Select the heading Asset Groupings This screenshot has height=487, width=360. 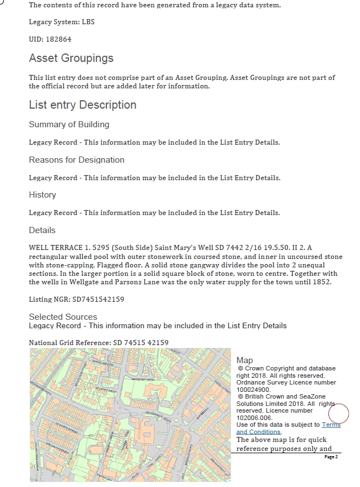point(71,59)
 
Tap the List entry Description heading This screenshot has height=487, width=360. point(82,105)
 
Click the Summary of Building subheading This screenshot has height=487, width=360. point(69,124)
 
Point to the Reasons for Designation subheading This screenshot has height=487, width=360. point(77,160)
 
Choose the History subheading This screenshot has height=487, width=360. point(42,195)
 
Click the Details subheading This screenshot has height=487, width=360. point(42,230)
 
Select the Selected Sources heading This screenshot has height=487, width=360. point(63,317)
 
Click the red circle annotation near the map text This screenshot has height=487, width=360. point(338,413)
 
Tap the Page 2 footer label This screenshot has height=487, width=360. point(331,457)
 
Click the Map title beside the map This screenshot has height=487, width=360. point(245,360)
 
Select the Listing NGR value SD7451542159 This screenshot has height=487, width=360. point(98,300)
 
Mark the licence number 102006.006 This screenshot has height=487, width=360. point(254,418)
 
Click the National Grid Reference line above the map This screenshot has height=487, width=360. point(99,342)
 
